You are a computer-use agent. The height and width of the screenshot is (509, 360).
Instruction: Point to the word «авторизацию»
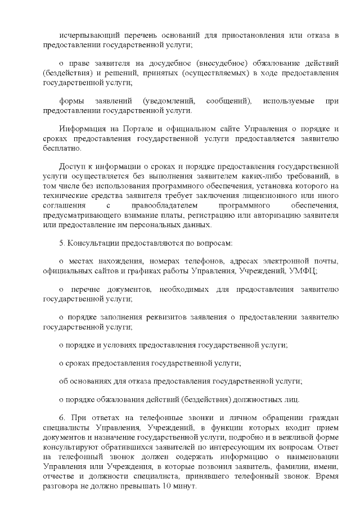tap(278, 216)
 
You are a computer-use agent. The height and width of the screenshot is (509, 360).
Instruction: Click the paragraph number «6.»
tap(62, 418)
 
